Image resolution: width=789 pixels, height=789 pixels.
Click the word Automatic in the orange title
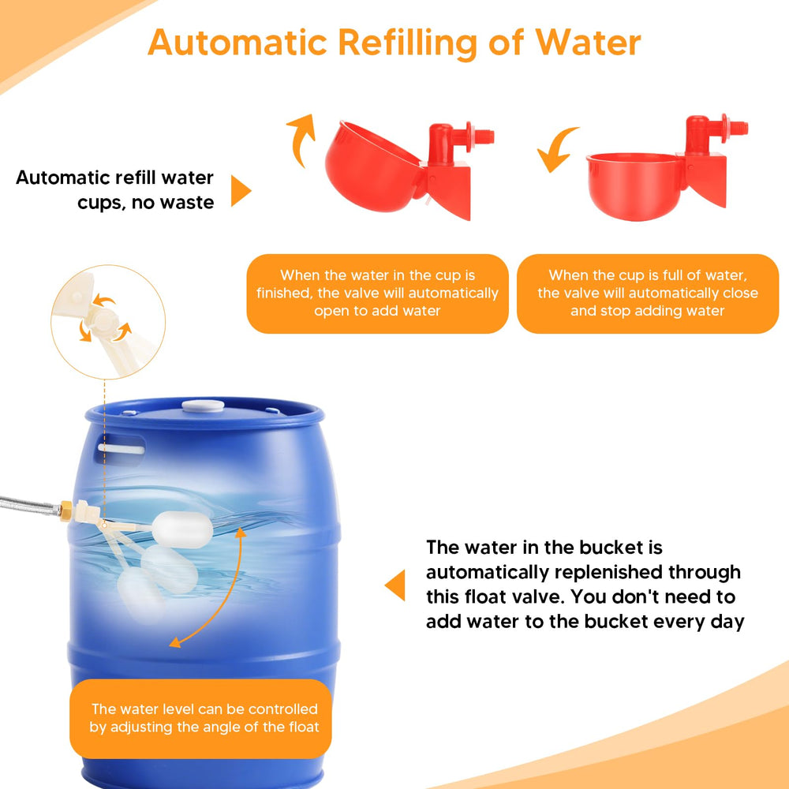click(x=237, y=43)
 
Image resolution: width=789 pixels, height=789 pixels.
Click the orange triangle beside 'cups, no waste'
click(x=241, y=191)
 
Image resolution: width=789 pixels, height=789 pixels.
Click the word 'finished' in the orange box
click(x=284, y=293)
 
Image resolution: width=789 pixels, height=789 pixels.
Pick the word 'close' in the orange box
click(x=741, y=293)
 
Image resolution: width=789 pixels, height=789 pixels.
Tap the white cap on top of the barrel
click(x=203, y=406)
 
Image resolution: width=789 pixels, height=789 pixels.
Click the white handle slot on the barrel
click(x=122, y=449)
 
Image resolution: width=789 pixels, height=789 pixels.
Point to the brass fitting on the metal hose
click(x=65, y=510)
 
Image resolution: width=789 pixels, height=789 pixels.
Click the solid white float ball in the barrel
click(x=181, y=529)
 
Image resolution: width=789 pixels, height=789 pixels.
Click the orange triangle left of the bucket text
click(x=395, y=585)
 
